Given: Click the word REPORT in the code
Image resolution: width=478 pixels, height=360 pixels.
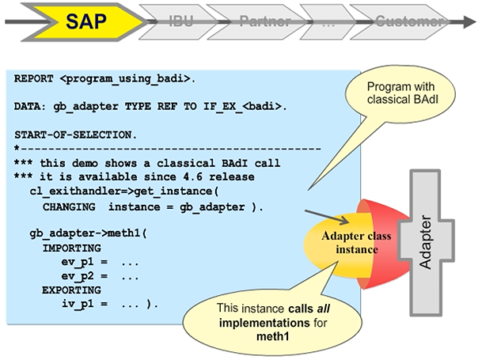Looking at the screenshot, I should tap(34, 79).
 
